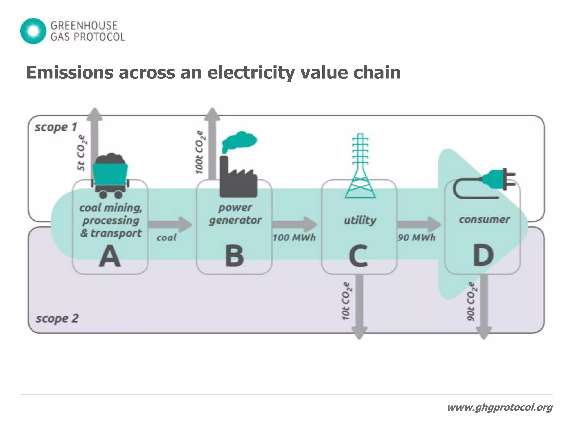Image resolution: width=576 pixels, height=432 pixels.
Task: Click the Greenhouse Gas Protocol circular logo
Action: pos(33,31)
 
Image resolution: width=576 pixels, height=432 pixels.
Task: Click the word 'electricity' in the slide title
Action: pos(251,73)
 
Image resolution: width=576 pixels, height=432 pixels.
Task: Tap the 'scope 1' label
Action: pos(56,127)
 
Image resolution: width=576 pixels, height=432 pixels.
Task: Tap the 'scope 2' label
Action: pos(57,318)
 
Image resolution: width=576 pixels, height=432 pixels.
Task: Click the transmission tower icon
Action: pos(360,166)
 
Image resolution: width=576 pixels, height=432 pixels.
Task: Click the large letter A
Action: pos(110,256)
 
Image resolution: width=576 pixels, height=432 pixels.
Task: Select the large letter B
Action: pos(234,256)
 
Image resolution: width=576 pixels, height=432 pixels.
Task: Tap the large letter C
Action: pos(358,256)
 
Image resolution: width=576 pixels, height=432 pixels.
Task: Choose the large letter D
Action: pos(483,256)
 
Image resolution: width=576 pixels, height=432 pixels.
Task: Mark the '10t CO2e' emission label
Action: pos(346,301)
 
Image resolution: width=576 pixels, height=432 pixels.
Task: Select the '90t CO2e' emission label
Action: pos(471,301)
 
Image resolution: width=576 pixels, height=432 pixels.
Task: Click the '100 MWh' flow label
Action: pos(294,238)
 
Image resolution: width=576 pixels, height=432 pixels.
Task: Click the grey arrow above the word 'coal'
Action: pos(169,224)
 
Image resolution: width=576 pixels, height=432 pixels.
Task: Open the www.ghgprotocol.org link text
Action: pos(499,407)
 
